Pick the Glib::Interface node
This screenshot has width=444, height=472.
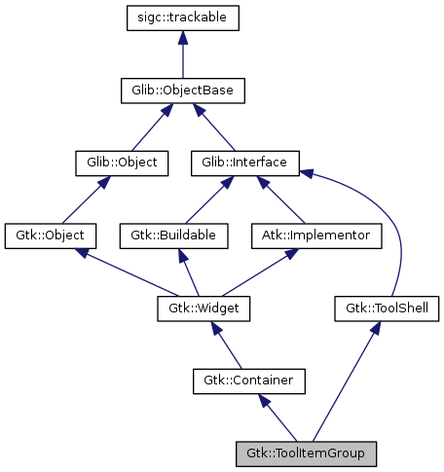point(244,163)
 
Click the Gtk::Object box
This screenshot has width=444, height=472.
point(50,236)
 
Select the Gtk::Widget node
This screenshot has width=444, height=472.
point(204,309)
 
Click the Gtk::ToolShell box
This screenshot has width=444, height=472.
point(388,309)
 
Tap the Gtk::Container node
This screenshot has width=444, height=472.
point(248,381)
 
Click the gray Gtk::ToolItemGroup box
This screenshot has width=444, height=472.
point(305,454)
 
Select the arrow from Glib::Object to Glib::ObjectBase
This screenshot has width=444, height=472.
point(147,127)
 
